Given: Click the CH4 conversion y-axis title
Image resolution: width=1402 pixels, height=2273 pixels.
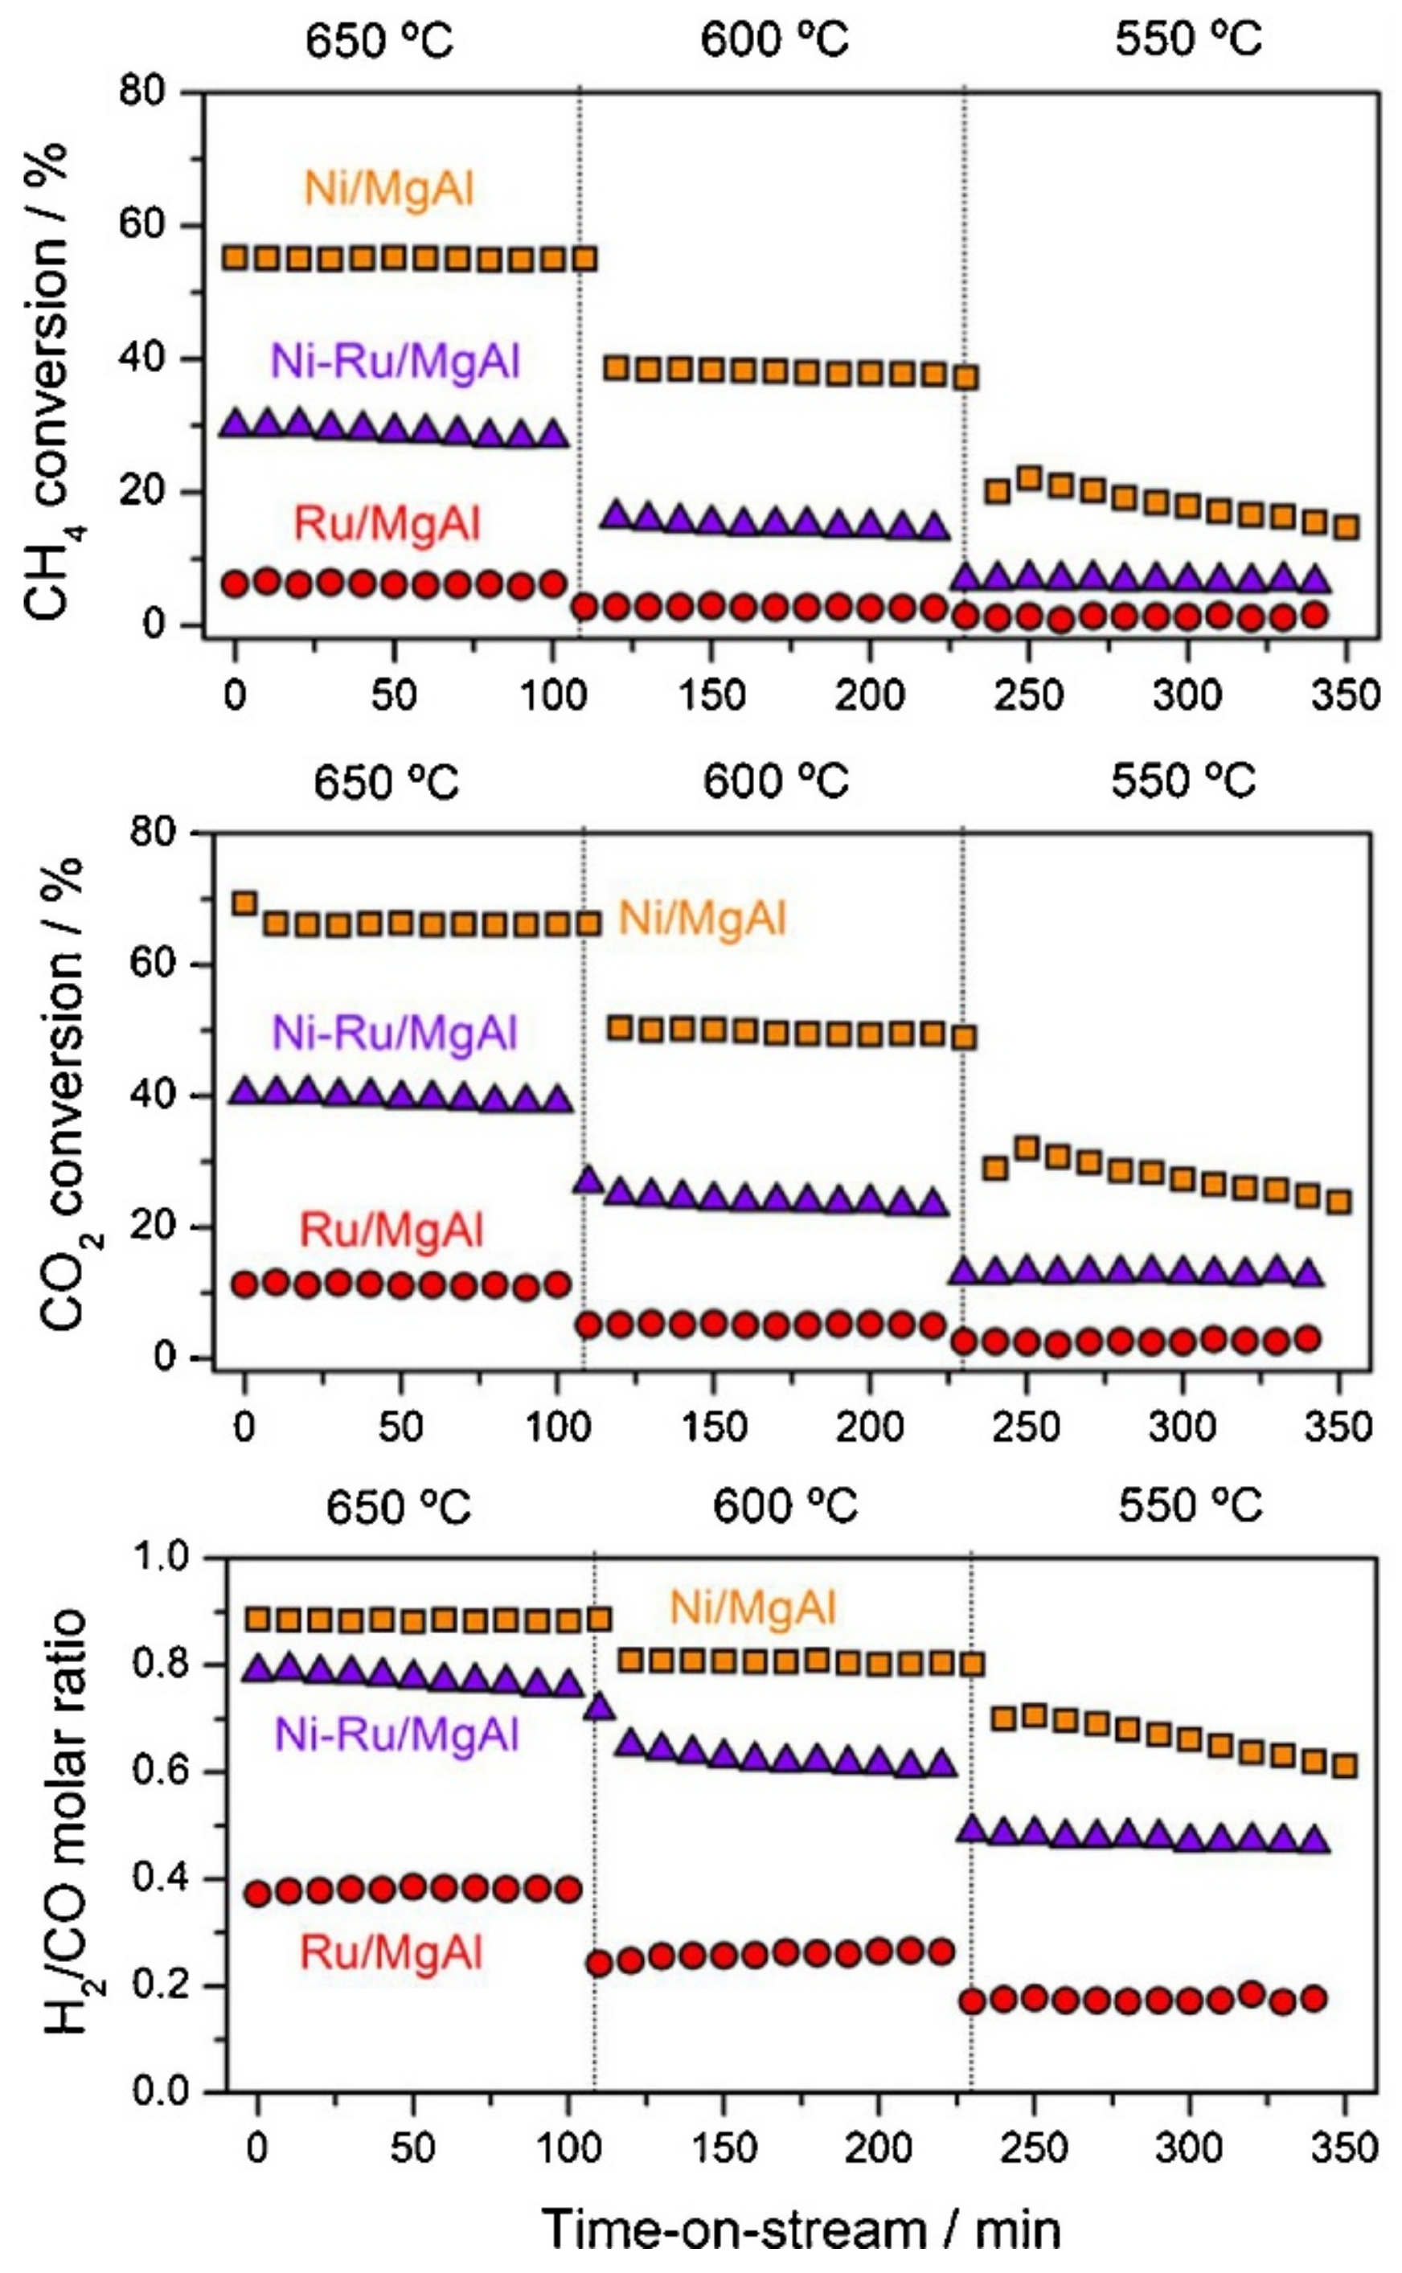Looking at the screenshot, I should pyautogui.click(x=48, y=380).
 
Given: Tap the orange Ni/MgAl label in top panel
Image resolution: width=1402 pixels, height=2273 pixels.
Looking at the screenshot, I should pyautogui.click(x=389, y=189).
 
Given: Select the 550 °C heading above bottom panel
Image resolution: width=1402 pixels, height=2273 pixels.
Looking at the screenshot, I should pyautogui.click(x=1191, y=1505).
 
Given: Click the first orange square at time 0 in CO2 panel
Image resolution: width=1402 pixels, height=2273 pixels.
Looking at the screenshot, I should pyautogui.click(x=245, y=902).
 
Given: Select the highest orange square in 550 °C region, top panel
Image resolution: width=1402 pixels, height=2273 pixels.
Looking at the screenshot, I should pyautogui.click(x=1029, y=478).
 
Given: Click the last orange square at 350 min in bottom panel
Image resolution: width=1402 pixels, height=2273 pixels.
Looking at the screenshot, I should pyautogui.click(x=1344, y=1765).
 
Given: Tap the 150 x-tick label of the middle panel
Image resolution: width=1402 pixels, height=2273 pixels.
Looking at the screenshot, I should pyautogui.click(x=712, y=1427).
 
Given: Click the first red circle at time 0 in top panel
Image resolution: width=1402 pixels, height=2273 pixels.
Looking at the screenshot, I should pyautogui.click(x=236, y=584).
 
